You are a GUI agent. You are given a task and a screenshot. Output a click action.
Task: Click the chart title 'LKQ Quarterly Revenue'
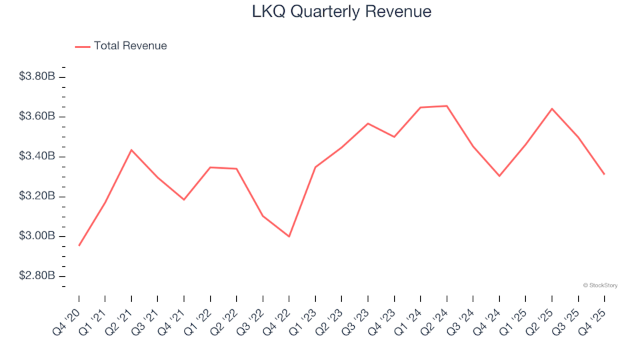(341, 12)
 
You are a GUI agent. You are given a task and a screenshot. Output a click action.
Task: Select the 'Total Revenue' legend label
(130, 46)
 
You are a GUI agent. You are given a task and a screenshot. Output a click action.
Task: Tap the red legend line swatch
(83, 46)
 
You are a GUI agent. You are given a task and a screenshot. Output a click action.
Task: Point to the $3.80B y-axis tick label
(37, 77)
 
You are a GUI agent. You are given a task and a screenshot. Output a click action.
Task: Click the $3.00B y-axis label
(37, 237)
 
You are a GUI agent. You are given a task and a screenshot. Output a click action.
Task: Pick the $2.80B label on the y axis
(37, 276)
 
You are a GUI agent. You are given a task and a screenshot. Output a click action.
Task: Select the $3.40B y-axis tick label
(37, 157)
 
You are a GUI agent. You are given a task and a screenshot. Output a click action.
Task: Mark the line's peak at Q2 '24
(447, 106)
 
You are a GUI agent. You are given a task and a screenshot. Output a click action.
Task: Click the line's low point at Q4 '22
(289, 237)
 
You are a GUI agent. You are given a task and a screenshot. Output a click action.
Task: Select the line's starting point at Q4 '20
(79, 245)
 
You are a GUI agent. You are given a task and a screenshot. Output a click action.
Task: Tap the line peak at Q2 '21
(131, 150)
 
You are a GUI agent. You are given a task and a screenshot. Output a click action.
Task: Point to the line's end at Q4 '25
(605, 175)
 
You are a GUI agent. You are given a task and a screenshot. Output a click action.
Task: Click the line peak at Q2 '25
(552, 109)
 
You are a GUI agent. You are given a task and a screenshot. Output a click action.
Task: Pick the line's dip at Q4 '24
(499, 176)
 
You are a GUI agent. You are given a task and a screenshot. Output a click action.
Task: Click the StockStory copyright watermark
(600, 285)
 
